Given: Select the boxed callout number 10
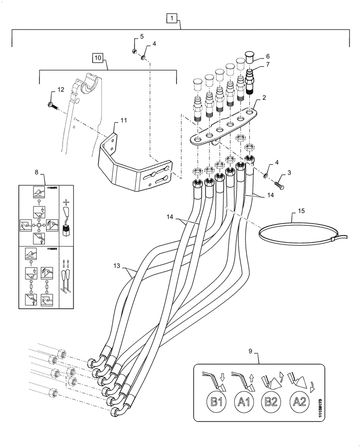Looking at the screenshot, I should pyautogui.click(x=98, y=58).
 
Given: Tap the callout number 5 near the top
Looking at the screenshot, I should pyautogui.click(x=142, y=37).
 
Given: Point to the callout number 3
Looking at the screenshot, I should pyautogui.click(x=289, y=172).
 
